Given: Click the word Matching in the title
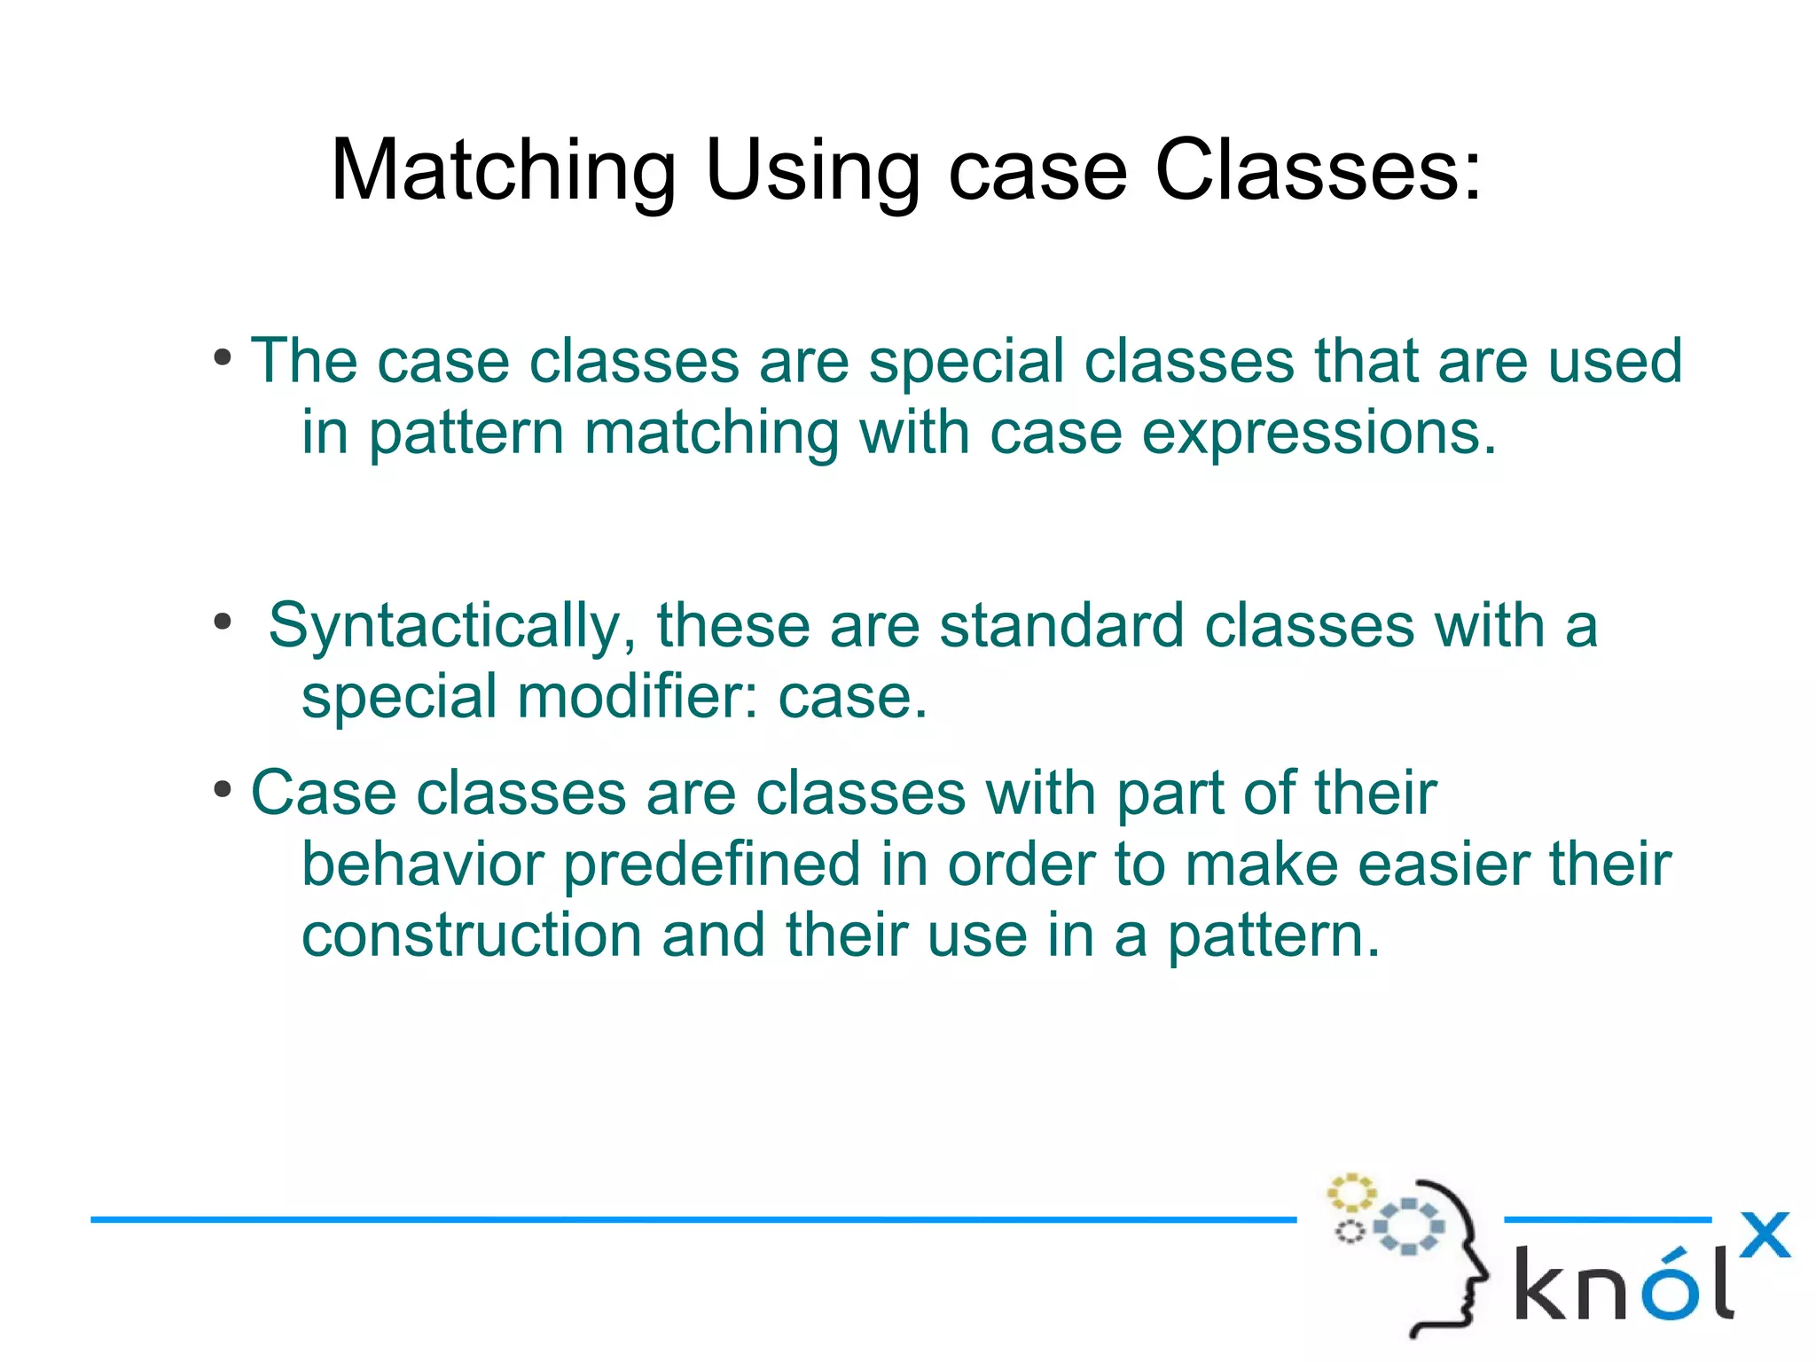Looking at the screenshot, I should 503,171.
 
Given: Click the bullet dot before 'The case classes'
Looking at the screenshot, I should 223,359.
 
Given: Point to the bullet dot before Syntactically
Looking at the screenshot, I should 223,622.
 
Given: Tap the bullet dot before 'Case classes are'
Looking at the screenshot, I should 223,789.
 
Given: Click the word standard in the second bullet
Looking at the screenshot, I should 1061,626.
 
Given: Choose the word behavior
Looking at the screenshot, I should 422,865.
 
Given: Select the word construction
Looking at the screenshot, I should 472,935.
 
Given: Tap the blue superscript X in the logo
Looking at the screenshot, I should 1764,1235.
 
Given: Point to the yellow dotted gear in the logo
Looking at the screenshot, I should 1350,1194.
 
